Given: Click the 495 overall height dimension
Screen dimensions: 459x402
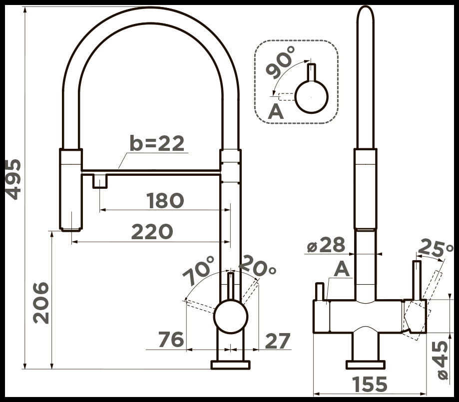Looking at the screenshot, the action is (x=13, y=179).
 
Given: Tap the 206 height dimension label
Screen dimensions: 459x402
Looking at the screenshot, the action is (x=40, y=303).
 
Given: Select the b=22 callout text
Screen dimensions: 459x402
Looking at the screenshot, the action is (x=157, y=143).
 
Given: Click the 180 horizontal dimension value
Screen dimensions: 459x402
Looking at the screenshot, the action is (x=165, y=201).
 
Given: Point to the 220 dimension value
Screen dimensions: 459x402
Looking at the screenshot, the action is (x=152, y=232).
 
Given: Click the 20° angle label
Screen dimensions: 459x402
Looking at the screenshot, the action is (x=258, y=266).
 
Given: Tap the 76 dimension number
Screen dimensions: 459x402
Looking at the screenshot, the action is (x=171, y=340).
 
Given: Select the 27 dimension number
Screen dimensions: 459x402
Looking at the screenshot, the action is (x=278, y=341).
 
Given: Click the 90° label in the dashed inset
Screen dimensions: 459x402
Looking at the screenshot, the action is (x=280, y=62).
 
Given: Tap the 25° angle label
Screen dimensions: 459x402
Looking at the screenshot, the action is (x=435, y=248).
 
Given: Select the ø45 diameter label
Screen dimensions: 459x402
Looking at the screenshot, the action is (x=442, y=360).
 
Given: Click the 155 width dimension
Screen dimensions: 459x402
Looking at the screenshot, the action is (x=370, y=384).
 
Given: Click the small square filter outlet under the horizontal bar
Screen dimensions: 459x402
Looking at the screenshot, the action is (x=100, y=181).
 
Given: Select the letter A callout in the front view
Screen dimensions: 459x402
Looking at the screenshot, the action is (x=342, y=269).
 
